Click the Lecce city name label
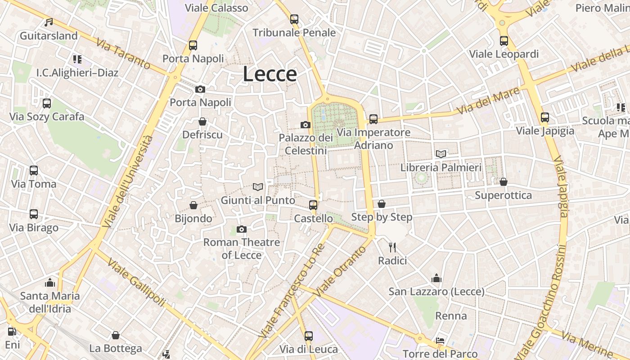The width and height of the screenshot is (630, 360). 270,74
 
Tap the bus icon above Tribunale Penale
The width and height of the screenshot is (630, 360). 294,19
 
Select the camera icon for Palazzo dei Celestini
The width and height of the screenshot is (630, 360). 306,125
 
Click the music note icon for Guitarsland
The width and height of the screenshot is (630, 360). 49,22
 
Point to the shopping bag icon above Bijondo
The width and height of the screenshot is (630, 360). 193,205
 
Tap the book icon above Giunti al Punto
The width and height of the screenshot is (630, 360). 258,187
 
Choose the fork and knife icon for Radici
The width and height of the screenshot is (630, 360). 392,247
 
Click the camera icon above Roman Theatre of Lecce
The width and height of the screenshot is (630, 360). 242,229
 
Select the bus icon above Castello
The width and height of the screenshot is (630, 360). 313,205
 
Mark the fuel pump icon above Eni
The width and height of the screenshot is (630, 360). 12,332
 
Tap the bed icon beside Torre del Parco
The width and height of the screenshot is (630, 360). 440,341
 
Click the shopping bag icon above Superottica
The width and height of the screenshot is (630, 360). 503,182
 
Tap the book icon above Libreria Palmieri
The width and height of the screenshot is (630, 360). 441,154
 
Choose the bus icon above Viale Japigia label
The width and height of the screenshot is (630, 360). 545,117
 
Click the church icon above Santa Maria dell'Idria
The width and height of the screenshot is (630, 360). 50,283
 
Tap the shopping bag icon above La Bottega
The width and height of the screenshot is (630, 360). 116,335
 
